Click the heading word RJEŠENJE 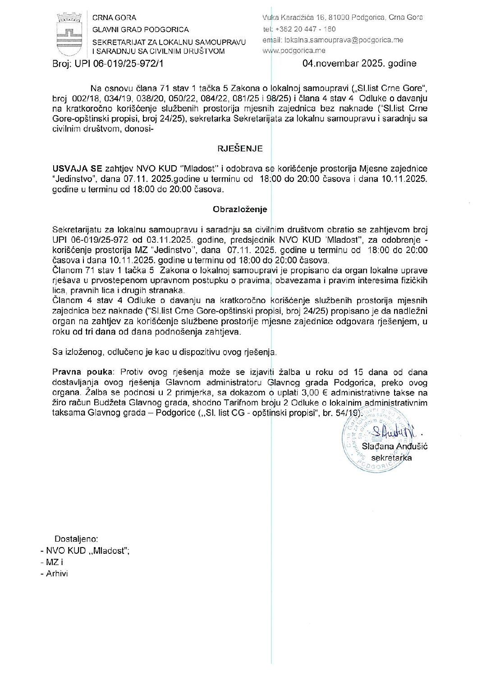coord(240,149)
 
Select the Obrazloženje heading coord(240,209)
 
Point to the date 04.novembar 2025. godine coord(359,63)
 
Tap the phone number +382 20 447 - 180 coord(305,29)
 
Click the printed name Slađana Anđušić coord(394,446)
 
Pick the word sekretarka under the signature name coord(393,457)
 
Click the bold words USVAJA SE coord(77,169)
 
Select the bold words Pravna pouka coord(83,372)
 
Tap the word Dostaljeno coord(76,539)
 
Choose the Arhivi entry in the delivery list coord(57,574)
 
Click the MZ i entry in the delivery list coord(55,562)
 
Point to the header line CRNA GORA coord(114,18)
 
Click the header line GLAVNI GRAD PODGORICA coord(141,30)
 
